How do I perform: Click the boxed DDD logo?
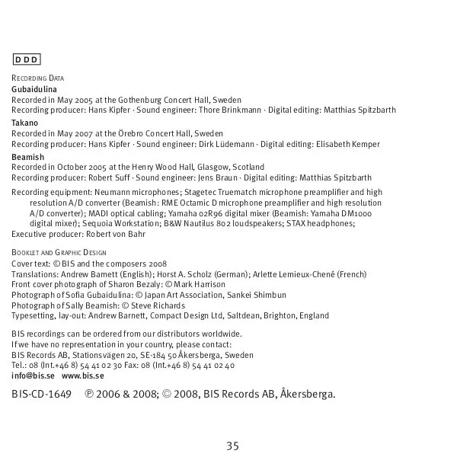[x=26, y=59]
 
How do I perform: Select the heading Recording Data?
[x=38, y=78]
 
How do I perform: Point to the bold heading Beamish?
[x=28, y=157]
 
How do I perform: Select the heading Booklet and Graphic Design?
[x=59, y=252]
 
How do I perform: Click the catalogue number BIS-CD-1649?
[x=42, y=395]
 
